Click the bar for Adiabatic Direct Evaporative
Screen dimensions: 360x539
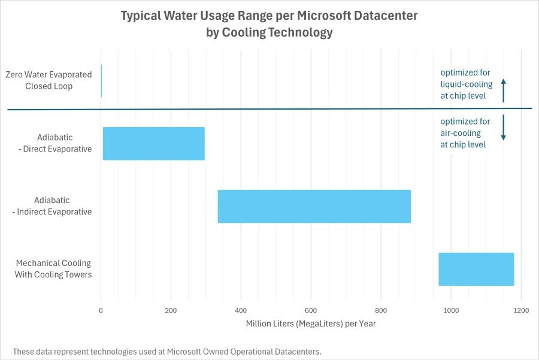(x=154, y=144)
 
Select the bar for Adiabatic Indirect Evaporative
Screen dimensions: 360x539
(x=314, y=206)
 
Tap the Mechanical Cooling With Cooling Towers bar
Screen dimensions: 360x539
(x=476, y=269)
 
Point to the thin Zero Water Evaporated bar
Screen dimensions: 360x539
(x=101, y=81)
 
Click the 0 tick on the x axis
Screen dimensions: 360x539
(x=101, y=310)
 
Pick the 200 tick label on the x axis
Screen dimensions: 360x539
(x=171, y=310)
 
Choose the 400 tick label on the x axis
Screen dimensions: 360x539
(x=241, y=310)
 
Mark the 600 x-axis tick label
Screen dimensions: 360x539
(x=311, y=310)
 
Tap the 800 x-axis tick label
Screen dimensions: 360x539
(x=381, y=310)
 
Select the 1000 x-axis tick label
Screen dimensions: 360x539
(x=451, y=310)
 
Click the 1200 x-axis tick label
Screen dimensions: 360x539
(x=521, y=310)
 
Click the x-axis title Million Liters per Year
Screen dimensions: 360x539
(x=311, y=324)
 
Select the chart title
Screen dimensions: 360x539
(x=269, y=24)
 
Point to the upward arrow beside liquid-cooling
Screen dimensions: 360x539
(x=504, y=90)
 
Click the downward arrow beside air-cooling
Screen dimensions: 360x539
(x=504, y=128)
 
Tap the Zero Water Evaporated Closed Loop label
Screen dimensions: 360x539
(x=49, y=80)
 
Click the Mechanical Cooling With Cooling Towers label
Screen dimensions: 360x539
(x=53, y=269)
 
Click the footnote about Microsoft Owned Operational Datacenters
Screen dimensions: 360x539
(x=167, y=351)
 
